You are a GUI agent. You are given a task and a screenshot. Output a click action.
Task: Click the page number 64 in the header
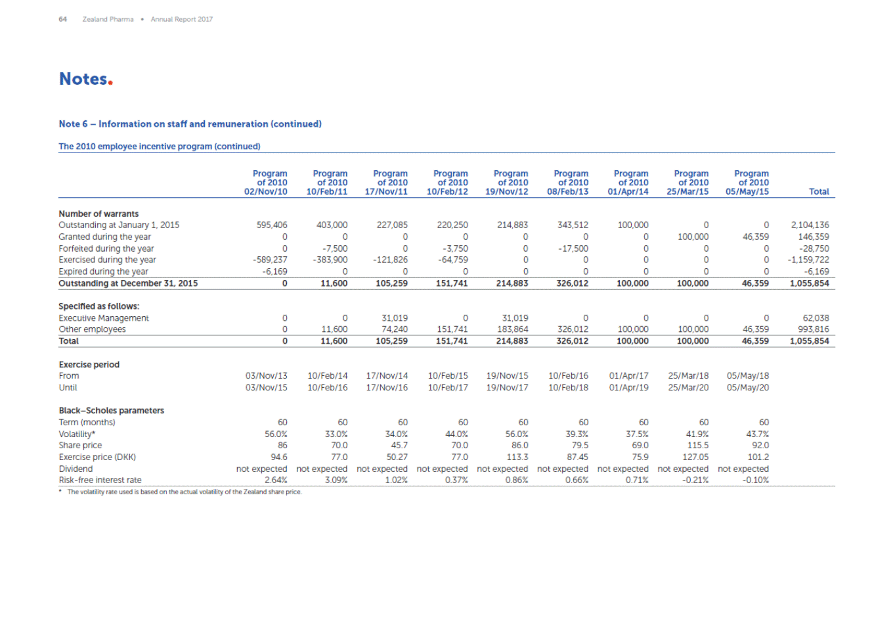click(62, 19)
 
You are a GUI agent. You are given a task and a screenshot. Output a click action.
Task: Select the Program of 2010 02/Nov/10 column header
click(266, 183)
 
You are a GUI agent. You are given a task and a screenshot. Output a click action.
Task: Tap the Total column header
click(819, 192)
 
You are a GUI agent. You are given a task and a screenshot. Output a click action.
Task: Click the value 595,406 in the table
click(272, 225)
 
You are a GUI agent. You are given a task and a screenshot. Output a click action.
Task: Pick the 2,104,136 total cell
click(810, 225)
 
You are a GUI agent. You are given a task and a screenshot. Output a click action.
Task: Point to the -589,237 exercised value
click(270, 260)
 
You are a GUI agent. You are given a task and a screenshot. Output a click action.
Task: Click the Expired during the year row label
click(103, 271)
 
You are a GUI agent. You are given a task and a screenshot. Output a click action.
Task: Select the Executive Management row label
click(104, 318)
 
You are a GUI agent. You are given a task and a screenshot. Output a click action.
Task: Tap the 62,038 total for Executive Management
click(816, 318)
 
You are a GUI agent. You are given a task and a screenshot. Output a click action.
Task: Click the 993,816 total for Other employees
click(813, 329)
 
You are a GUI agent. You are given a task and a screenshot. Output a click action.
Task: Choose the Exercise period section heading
click(89, 365)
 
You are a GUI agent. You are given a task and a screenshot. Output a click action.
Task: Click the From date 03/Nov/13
click(266, 376)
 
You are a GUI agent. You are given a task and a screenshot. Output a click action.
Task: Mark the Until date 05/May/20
click(748, 388)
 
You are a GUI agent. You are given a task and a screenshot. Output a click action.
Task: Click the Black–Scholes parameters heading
click(112, 411)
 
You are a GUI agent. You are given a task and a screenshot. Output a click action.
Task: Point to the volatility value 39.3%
click(577, 434)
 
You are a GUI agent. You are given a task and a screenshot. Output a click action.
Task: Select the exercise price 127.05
click(695, 457)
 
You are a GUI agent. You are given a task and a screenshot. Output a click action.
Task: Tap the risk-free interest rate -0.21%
click(695, 480)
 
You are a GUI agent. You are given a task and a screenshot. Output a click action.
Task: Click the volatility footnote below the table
click(184, 492)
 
